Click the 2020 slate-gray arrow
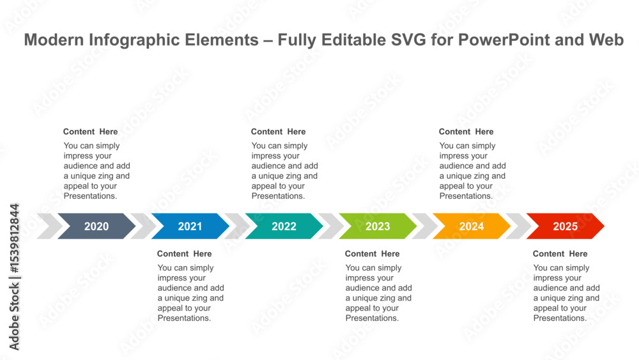coord(96,226)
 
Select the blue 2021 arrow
coord(190,226)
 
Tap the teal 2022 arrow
coord(284,226)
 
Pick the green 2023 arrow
coord(378,226)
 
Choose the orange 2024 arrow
coord(472,226)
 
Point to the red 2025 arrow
coord(566,226)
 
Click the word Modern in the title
coord(54,40)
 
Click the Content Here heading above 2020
coord(91,132)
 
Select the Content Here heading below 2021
coord(184,254)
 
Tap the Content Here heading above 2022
coord(279,132)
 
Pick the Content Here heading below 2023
coord(372,254)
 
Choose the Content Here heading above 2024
coord(466,132)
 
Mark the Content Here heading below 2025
coord(560,254)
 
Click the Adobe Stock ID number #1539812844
coord(14,239)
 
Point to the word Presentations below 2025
coord(560,318)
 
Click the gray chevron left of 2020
coord(50,226)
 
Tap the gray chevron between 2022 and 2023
coord(331,226)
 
